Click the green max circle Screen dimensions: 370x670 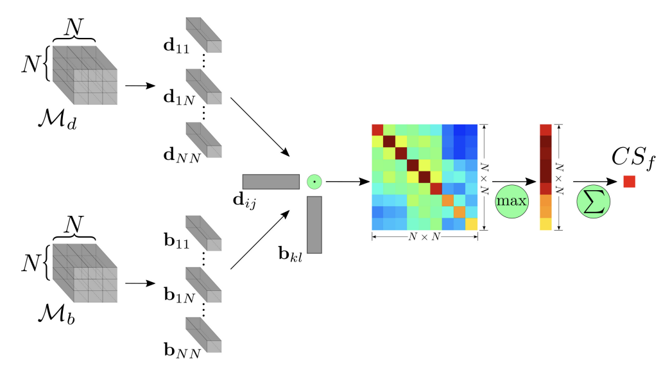[511, 201]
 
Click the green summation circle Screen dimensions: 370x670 [592, 201]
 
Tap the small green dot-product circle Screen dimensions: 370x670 [314, 182]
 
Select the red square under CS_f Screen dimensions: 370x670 [629, 182]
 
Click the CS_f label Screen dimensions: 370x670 [631, 157]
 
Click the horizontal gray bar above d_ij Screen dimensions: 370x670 [271, 181]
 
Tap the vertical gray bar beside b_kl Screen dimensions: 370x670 [314, 225]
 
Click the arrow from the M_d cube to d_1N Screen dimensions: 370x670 [140, 85]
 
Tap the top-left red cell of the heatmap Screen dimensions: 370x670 [377, 130]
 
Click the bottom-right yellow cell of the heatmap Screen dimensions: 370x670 [472, 224]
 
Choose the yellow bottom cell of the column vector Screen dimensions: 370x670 [545, 224]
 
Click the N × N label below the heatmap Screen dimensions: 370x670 [424, 237]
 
